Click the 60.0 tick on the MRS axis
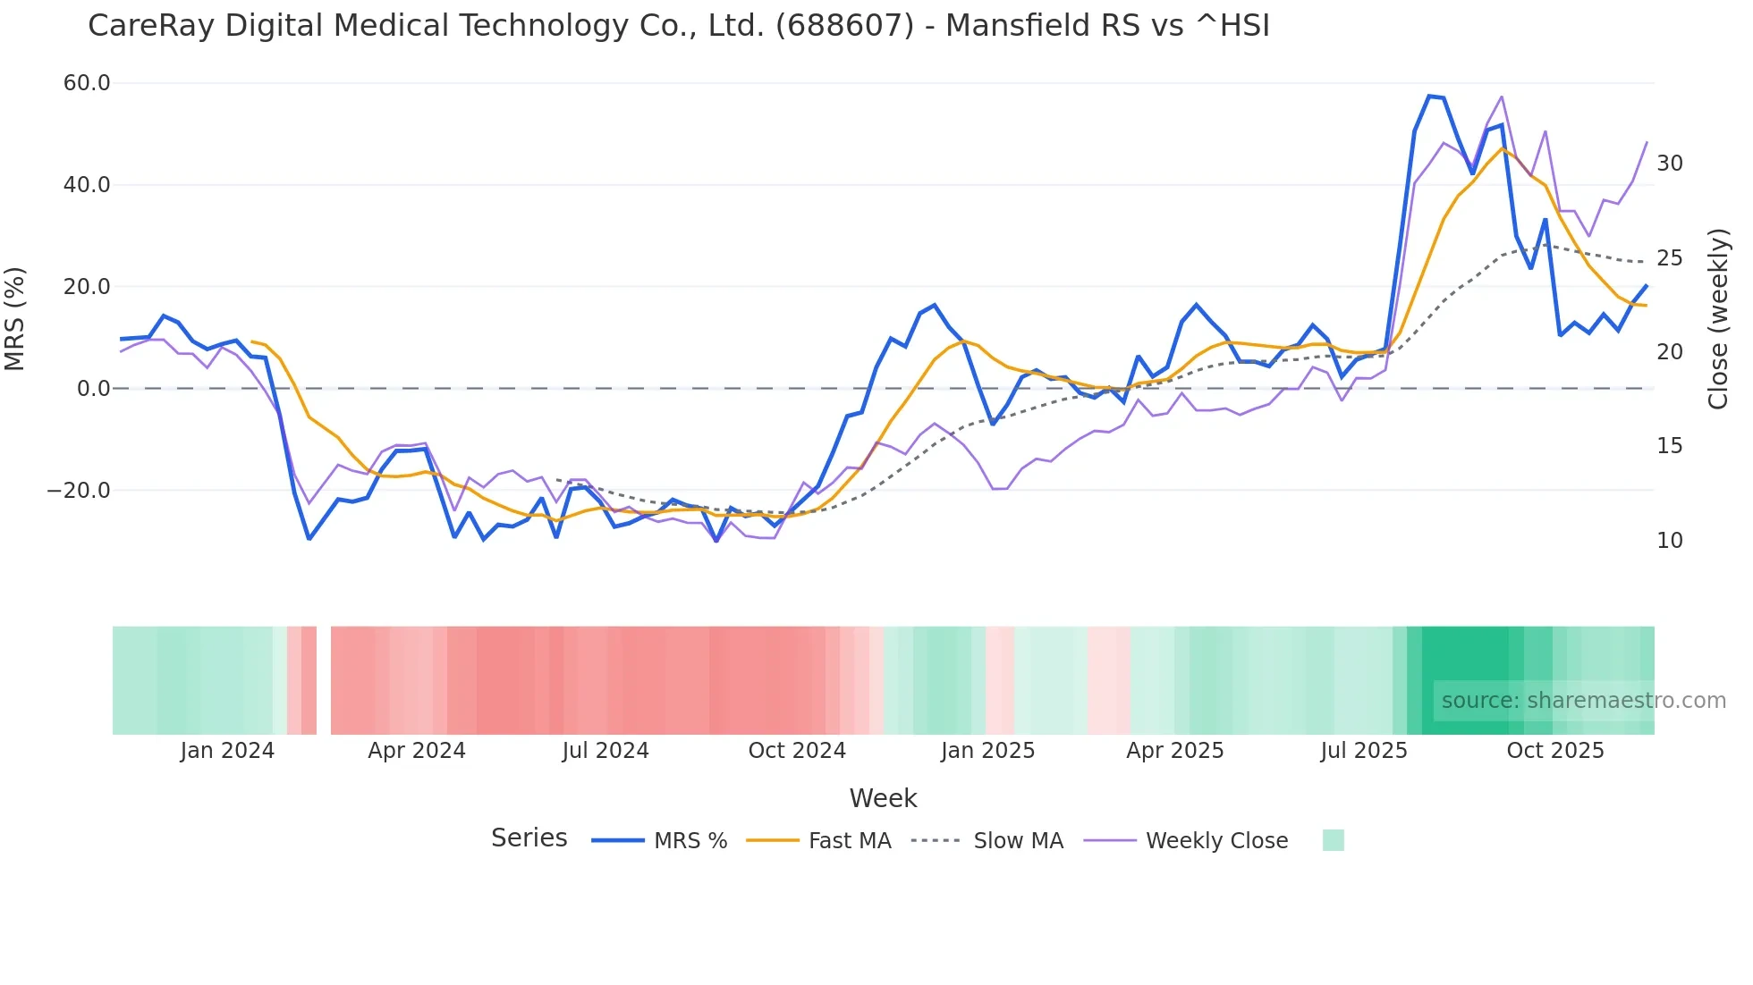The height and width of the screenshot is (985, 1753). click(87, 83)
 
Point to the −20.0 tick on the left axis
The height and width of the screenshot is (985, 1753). click(80, 491)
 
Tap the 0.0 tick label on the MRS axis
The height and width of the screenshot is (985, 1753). click(94, 389)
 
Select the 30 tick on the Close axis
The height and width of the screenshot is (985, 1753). click(1670, 164)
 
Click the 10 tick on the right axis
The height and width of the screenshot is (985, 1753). click(1670, 541)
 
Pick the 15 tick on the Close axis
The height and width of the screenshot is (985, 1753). click(1670, 446)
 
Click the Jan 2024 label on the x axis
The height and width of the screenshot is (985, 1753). click(227, 751)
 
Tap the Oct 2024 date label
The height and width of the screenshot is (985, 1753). click(797, 751)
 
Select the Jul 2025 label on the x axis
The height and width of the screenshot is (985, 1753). click(1364, 751)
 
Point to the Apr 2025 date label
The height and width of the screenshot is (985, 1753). click(1175, 751)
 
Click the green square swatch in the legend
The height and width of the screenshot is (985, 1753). click(1333, 840)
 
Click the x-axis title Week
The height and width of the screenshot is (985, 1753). click(883, 798)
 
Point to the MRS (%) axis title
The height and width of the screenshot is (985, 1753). click(15, 319)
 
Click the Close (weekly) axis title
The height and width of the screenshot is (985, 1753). click(1718, 319)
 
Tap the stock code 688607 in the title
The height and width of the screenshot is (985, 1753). click(844, 26)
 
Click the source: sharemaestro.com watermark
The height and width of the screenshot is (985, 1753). click(1583, 701)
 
